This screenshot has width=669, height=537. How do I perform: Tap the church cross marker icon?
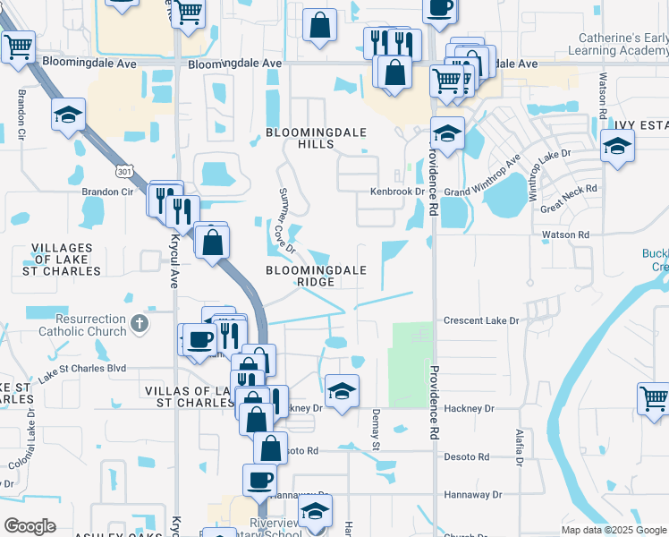[139, 323]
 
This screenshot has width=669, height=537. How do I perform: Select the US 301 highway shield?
[124, 170]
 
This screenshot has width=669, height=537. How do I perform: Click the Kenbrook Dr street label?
[397, 192]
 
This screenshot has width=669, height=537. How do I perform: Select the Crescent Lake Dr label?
[481, 320]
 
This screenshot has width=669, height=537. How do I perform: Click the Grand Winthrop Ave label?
[483, 180]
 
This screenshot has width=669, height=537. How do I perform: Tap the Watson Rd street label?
[565, 234]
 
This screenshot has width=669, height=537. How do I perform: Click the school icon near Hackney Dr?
[342, 390]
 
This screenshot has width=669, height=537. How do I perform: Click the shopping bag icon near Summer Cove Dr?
[213, 242]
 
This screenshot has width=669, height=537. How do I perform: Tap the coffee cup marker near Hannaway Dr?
[260, 479]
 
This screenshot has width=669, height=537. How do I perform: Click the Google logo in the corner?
[30, 526]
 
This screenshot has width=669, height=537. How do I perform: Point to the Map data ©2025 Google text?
[613, 530]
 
